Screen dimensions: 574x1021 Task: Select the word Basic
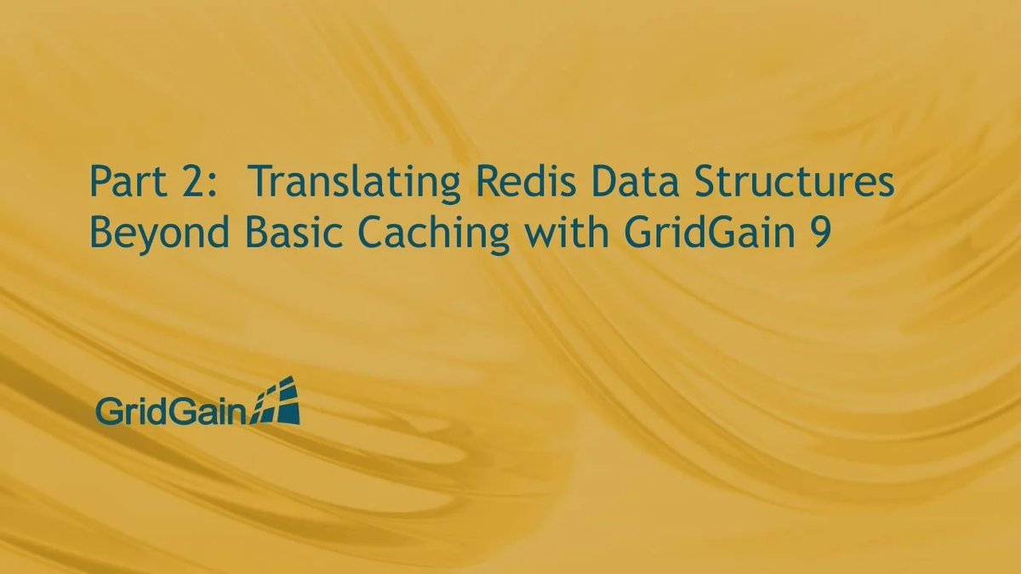[276, 232]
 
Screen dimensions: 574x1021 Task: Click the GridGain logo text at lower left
[170, 412]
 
